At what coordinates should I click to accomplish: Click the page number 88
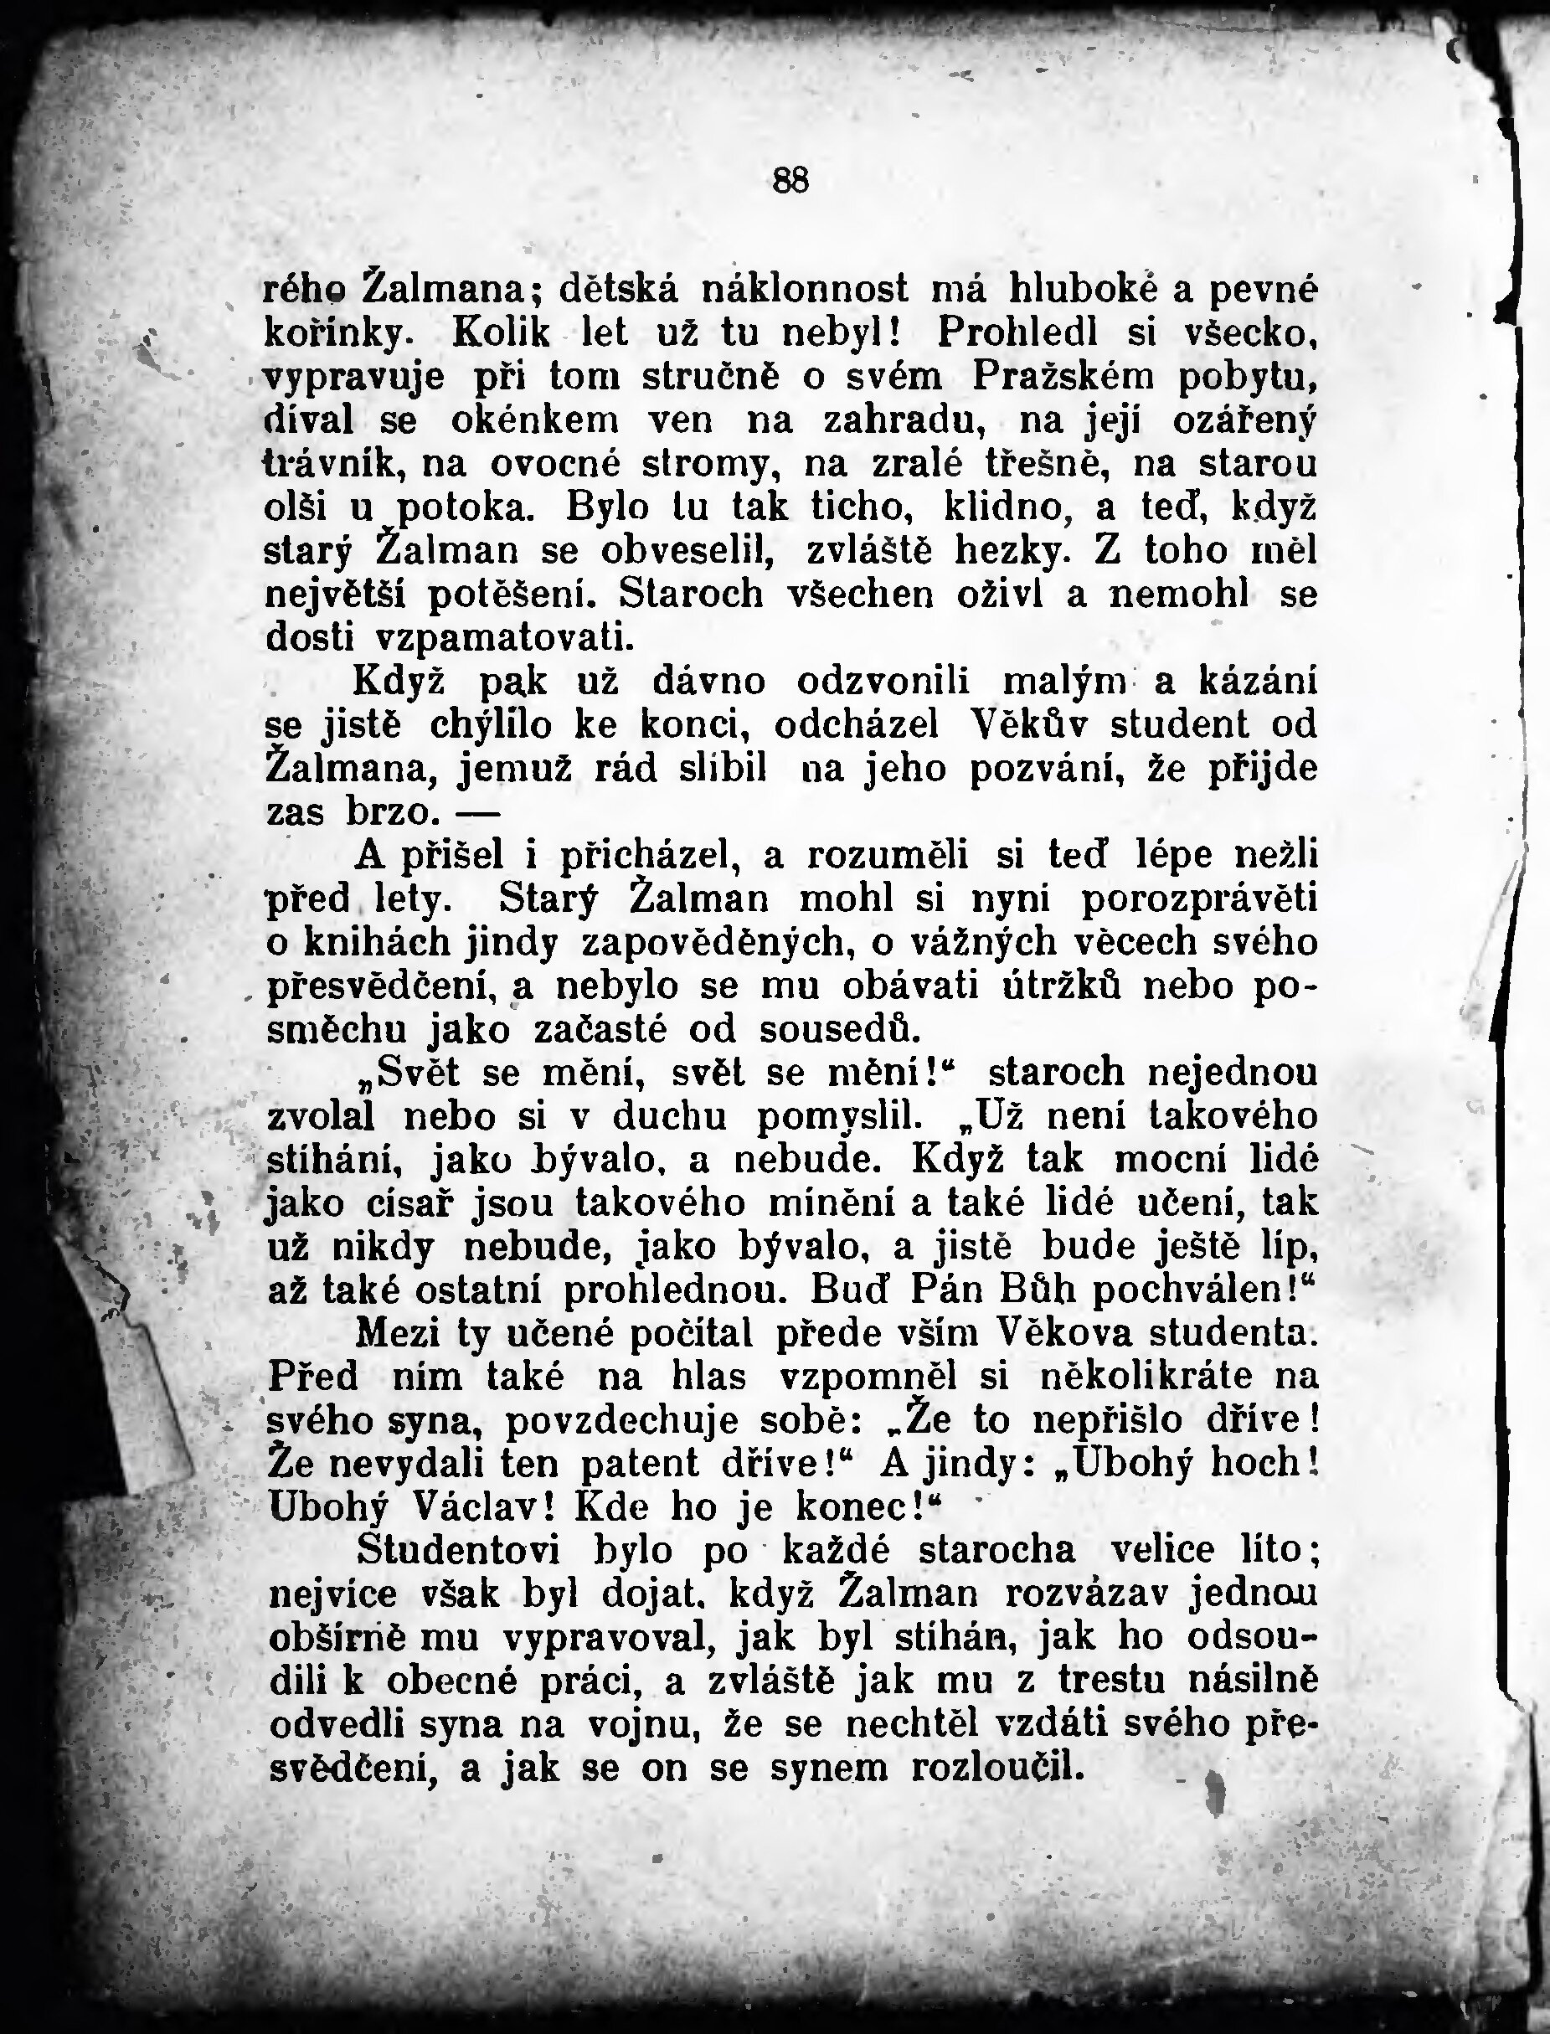790,181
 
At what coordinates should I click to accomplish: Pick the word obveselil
687,552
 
